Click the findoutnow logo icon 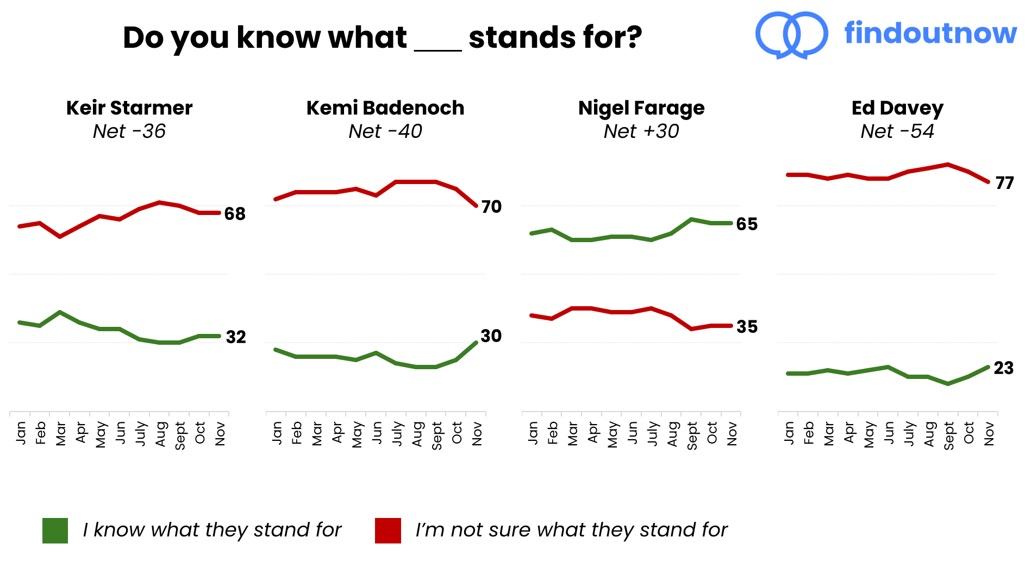(791, 35)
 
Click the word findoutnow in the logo (930, 33)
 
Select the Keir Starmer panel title (129, 108)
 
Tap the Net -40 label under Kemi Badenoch (385, 131)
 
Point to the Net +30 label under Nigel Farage (641, 131)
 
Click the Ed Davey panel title (897, 108)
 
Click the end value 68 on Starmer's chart (235, 214)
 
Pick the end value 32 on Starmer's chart (236, 337)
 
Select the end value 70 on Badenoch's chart (491, 207)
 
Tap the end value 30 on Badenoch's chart (491, 336)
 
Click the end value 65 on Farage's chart (747, 224)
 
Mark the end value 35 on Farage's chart (747, 327)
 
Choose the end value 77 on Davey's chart (1004, 183)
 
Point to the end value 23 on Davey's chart (1003, 368)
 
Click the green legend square (55, 530)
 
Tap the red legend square (387, 530)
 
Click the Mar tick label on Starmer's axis (60, 434)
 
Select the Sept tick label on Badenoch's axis (436, 435)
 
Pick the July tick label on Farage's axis (652, 434)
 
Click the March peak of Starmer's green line (60, 312)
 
